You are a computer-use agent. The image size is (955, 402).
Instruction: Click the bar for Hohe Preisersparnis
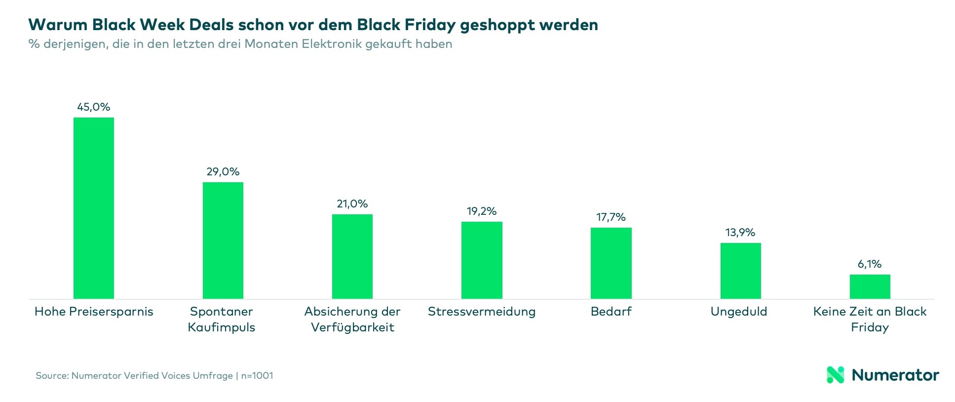click(x=94, y=208)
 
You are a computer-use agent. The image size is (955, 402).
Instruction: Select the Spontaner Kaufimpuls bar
click(x=223, y=241)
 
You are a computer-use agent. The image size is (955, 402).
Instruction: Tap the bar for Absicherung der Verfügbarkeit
click(x=352, y=256)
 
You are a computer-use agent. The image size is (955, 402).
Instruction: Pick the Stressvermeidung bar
click(x=482, y=260)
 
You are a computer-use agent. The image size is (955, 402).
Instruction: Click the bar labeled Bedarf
click(x=611, y=263)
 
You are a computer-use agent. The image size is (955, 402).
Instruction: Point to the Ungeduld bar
click(x=740, y=271)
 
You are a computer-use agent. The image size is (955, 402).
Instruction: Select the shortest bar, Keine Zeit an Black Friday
click(x=870, y=286)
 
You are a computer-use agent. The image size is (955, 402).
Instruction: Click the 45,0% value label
click(x=94, y=107)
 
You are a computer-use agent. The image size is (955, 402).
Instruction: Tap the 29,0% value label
click(x=223, y=172)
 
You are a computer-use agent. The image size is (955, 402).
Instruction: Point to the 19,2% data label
click(x=482, y=211)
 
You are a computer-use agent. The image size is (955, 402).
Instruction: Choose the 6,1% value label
click(x=870, y=264)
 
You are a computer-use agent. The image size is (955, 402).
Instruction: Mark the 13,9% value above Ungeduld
click(x=740, y=233)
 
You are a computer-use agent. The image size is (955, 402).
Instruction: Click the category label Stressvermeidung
click(x=482, y=312)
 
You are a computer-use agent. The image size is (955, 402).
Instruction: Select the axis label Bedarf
click(x=611, y=312)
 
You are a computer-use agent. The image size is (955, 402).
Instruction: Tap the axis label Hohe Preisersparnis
click(x=94, y=312)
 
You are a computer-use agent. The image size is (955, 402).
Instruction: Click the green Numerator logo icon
click(x=835, y=375)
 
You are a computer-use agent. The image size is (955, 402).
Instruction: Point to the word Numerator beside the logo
click(x=895, y=375)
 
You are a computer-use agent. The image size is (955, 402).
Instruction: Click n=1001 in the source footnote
click(x=257, y=376)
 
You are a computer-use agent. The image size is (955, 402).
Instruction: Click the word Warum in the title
click(x=57, y=25)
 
